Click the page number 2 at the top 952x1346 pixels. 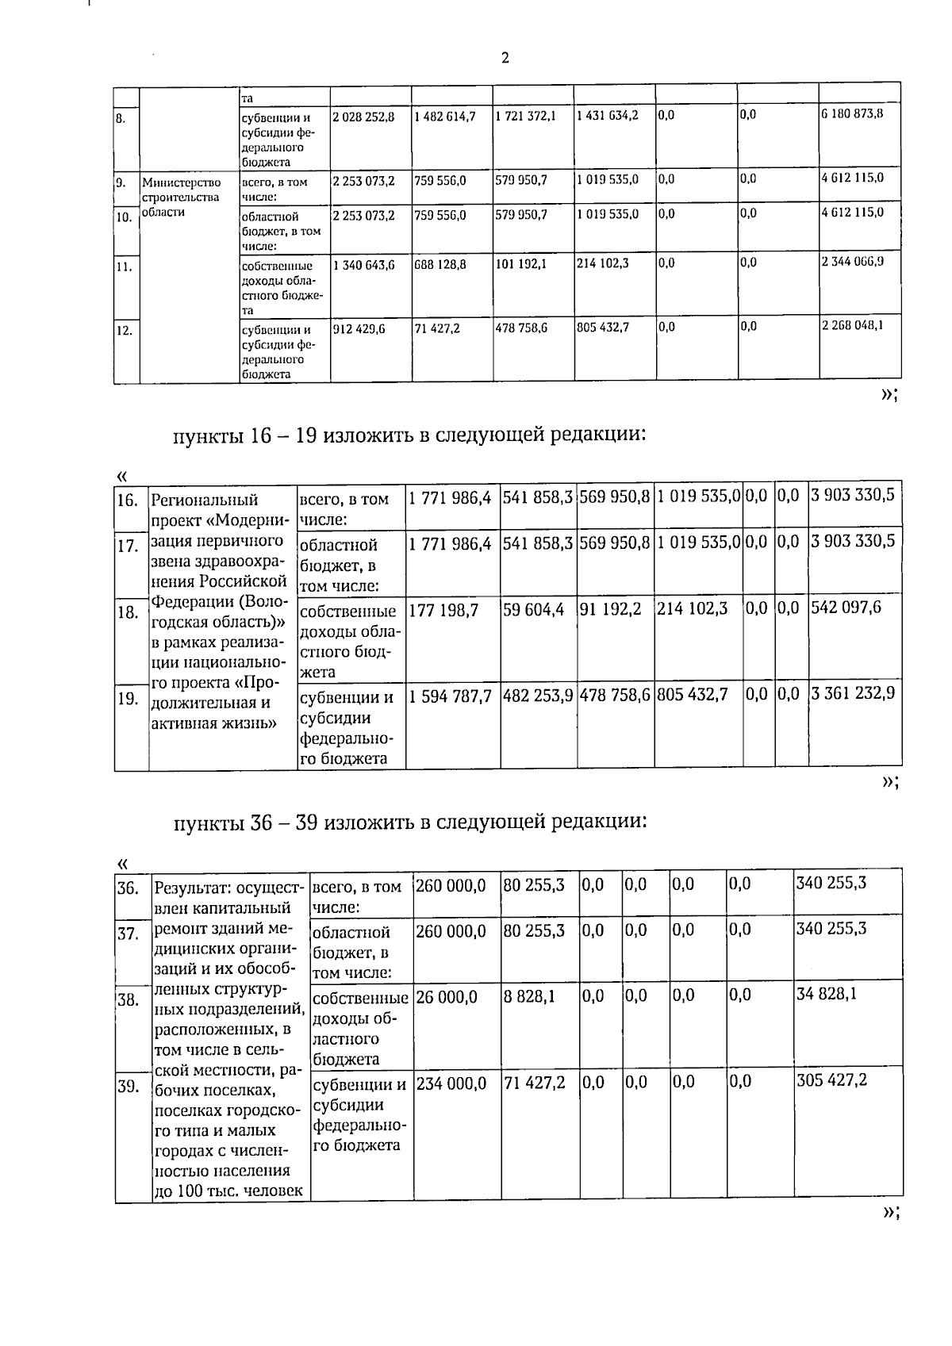pyautogui.click(x=505, y=58)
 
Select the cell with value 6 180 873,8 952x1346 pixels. pyautogui.click(x=852, y=114)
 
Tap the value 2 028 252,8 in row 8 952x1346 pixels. pyautogui.click(x=363, y=116)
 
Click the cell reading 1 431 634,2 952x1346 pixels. pyautogui.click(x=608, y=116)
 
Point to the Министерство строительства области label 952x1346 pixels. pyautogui.click(x=182, y=197)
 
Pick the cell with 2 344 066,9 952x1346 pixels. pyautogui.click(x=852, y=261)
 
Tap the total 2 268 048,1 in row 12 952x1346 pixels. pyautogui.click(x=852, y=325)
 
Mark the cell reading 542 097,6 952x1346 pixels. pyautogui.click(x=846, y=608)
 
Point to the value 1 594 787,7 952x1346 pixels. pyautogui.click(x=451, y=696)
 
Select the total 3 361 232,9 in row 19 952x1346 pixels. pyautogui.click(x=853, y=693)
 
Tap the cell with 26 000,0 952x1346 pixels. pyautogui.click(x=447, y=996)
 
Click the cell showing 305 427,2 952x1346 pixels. pyautogui.click(x=831, y=1081)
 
